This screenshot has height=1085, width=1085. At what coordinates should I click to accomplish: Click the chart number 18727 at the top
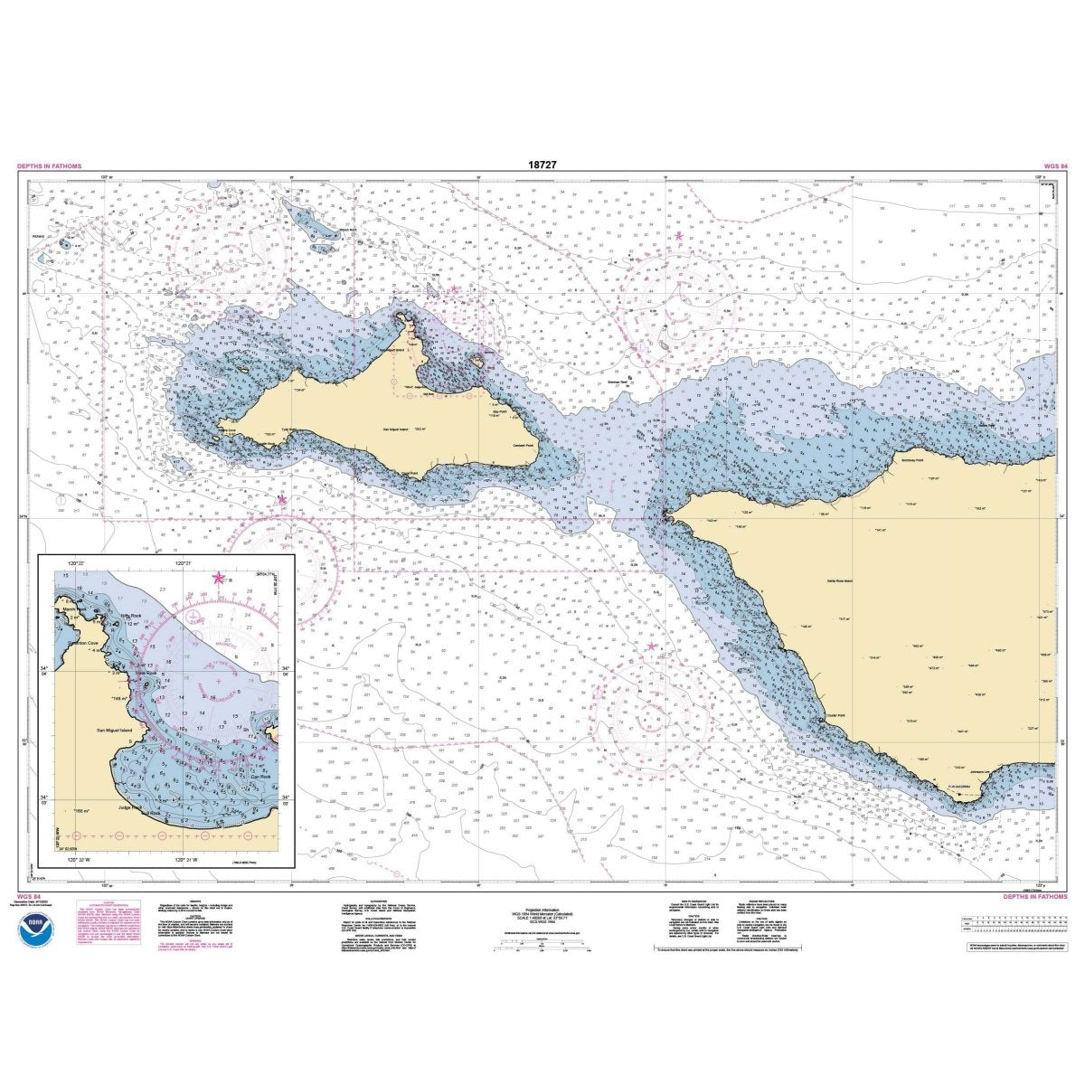click(x=542, y=166)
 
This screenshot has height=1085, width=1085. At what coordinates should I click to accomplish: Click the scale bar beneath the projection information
click(x=542, y=947)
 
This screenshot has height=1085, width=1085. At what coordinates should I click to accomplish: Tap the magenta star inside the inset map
click(x=217, y=578)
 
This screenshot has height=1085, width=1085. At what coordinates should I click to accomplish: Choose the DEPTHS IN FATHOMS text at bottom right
click(x=1036, y=897)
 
